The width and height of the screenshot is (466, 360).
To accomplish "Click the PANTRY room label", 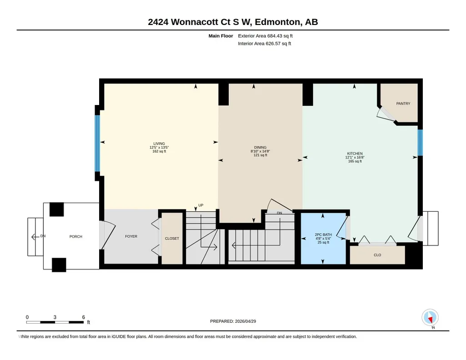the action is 403,104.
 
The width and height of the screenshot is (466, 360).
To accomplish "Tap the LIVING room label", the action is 159,144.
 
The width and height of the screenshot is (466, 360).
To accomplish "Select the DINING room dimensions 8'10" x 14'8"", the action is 260,151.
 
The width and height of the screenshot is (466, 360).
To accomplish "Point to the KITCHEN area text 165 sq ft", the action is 355,161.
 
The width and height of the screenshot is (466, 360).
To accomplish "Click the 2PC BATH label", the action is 323,235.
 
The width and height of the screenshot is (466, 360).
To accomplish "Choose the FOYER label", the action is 131,236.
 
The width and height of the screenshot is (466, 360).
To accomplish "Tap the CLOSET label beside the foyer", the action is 172,239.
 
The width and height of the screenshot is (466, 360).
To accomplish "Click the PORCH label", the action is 76,237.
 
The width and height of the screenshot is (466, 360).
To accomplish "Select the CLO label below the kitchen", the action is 377,255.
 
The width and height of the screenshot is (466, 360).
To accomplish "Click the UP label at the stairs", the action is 201,205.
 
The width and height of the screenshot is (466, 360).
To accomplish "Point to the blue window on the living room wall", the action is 97,143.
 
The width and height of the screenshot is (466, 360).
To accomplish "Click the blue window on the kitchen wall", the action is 420,143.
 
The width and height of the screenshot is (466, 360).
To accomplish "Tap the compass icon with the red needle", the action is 430,318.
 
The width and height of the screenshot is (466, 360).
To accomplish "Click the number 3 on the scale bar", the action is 55,317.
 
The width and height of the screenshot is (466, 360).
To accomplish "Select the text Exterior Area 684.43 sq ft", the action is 265,36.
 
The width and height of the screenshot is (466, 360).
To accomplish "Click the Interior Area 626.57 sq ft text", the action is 265,44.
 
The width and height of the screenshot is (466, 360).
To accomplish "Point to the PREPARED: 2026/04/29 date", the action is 233,321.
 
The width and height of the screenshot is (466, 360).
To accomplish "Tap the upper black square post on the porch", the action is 56,210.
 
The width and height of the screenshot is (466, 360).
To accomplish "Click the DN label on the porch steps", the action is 43,236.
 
